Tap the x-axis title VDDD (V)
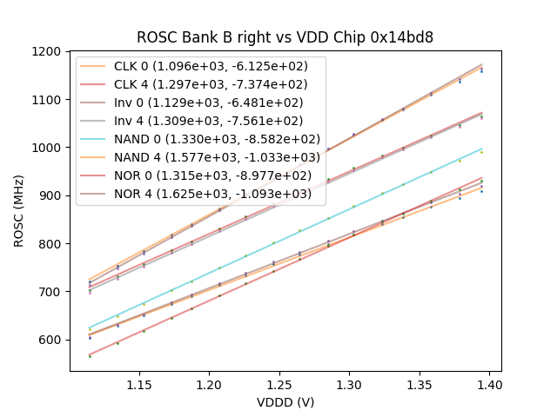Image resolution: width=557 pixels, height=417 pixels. pos(285,402)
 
